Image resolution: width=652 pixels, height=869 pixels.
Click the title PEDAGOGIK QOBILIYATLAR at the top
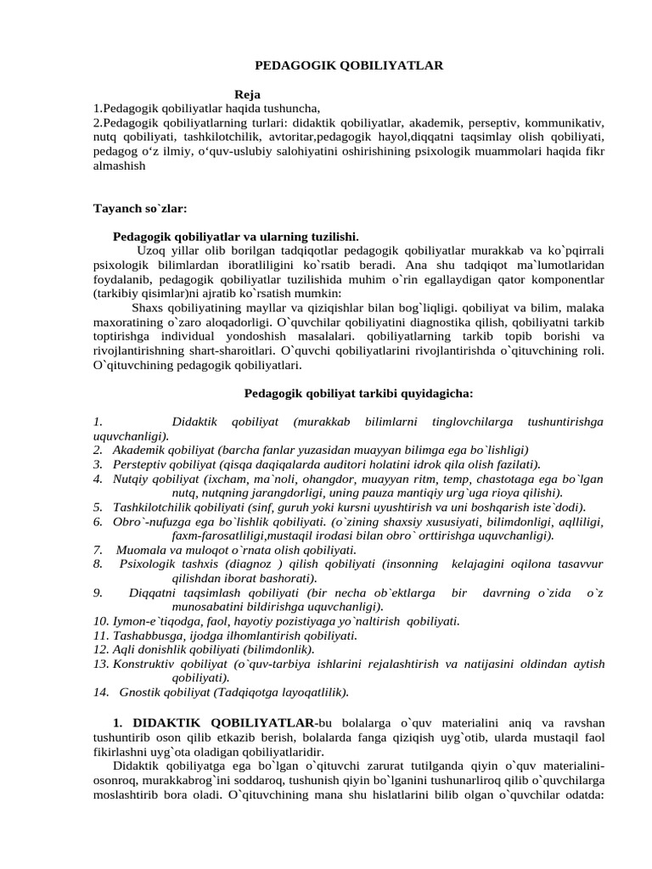349,64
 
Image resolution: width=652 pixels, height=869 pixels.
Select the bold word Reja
247,93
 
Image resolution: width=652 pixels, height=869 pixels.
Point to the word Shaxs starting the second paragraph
149,307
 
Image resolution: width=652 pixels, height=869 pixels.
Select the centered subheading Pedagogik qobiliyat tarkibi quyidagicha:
358,393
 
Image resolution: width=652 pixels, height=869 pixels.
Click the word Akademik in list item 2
138,449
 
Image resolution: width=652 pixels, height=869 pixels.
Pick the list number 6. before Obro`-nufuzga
98,521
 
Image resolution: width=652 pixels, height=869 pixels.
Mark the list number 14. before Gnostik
102,692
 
